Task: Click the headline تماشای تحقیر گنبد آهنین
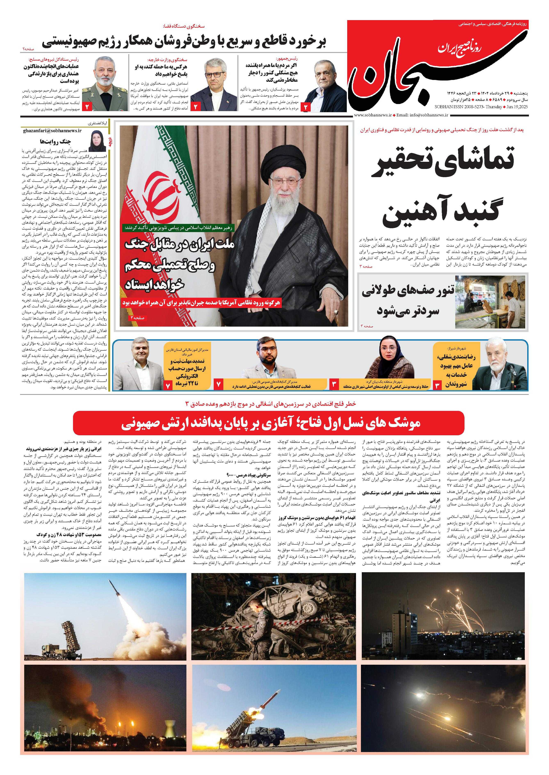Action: click(443, 186)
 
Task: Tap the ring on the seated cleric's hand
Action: click(335, 311)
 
